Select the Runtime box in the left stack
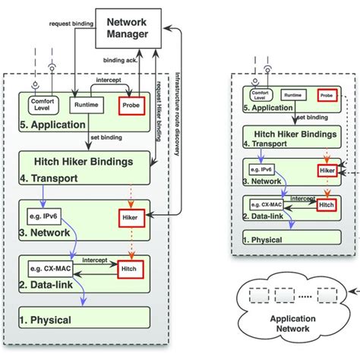click(x=85, y=104)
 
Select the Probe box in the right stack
click(x=327, y=96)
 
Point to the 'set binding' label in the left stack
click(x=106, y=138)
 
